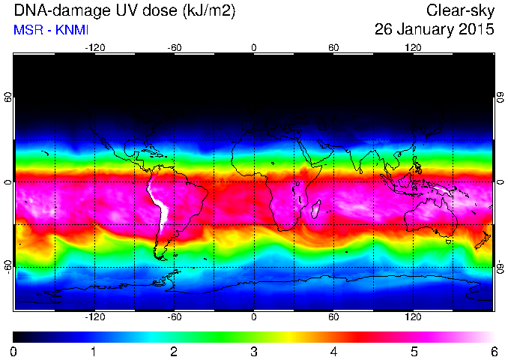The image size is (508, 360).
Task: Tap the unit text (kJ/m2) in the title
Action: pos(208,11)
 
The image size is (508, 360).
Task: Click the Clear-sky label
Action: pos(460,11)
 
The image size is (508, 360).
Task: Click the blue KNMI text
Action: pos(72,30)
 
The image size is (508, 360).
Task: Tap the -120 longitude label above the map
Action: pos(95,48)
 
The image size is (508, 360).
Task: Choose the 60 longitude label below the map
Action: pos(333,316)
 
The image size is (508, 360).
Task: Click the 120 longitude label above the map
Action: pos(413,48)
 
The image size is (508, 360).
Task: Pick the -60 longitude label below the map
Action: pos(175,316)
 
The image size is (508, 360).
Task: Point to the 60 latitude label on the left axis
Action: pos(8,97)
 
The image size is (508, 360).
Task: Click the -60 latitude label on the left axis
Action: pos(8,266)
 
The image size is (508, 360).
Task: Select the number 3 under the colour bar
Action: pos(254,352)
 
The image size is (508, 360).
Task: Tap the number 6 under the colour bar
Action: pos(494,352)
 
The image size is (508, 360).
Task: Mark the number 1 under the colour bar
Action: pos(94,352)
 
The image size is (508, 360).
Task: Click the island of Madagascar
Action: pos(316,209)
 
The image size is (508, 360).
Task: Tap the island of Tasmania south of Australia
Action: pos(448,241)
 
